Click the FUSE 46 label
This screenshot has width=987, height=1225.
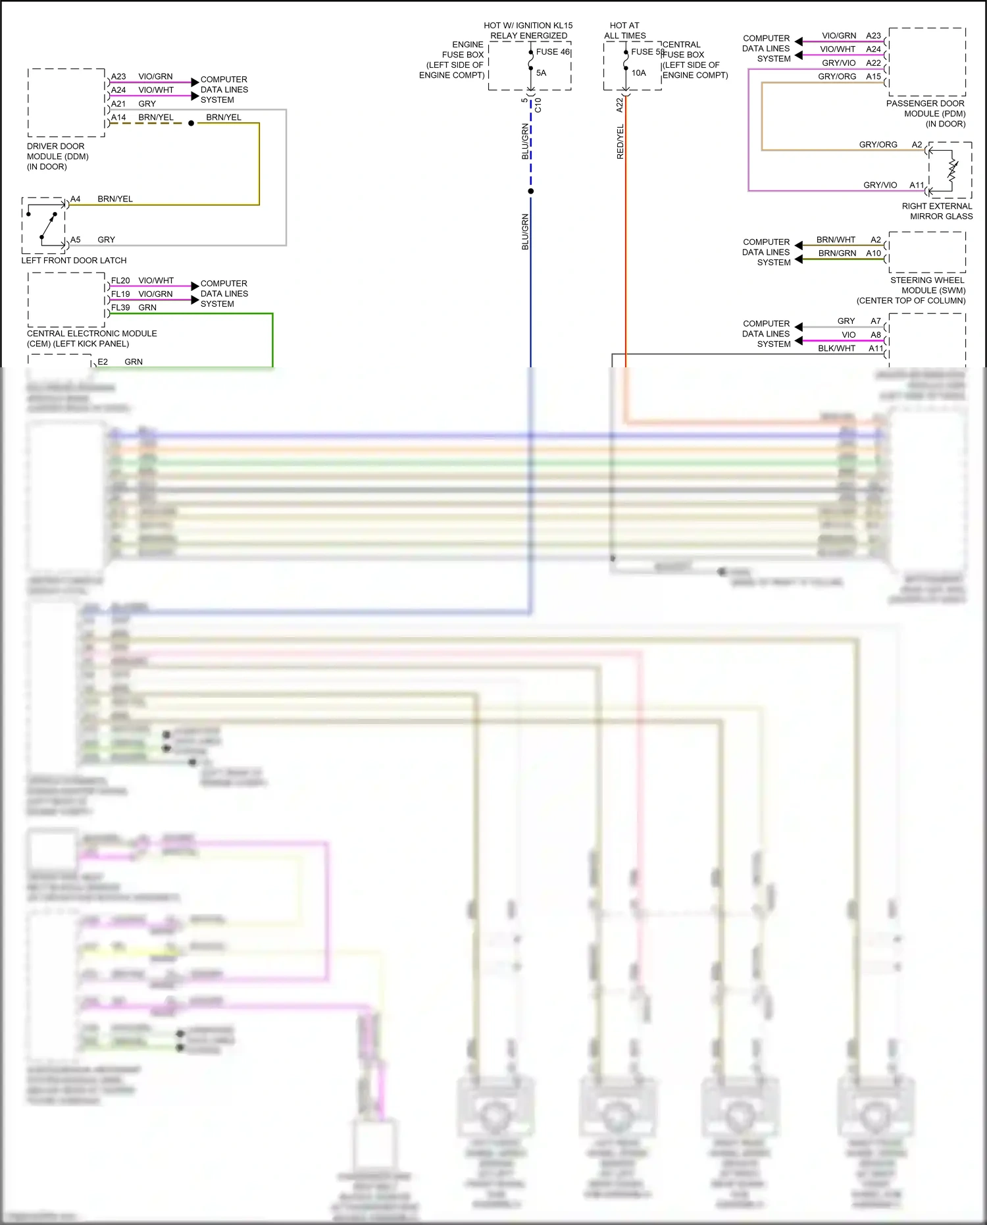tap(553, 52)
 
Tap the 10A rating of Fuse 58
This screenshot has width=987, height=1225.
tap(638, 73)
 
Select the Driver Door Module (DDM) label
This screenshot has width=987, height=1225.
tap(57, 157)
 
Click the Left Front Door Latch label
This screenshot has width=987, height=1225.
tap(74, 261)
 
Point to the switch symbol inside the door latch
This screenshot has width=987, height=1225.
tap(47, 226)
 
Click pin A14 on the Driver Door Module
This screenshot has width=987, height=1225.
tap(118, 118)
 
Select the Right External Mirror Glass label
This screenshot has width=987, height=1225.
tap(937, 211)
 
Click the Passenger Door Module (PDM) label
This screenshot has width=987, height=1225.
tap(925, 113)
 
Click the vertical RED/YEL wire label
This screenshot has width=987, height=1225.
tap(620, 142)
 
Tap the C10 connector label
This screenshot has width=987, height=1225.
tap(538, 105)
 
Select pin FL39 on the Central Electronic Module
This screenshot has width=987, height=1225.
tap(120, 307)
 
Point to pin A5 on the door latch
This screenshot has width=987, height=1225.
tap(76, 240)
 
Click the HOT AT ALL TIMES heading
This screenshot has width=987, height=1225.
tap(624, 30)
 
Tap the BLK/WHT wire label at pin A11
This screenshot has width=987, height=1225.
tap(836, 348)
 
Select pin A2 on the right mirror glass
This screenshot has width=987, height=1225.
tap(917, 145)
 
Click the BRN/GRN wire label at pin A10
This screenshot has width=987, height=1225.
tap(837, 253)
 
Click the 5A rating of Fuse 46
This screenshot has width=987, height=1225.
tap(541, 73)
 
